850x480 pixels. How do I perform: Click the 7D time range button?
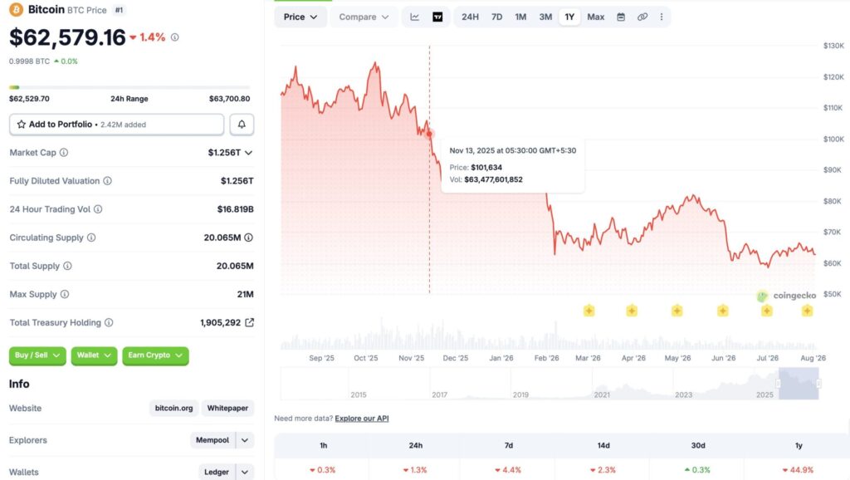(x=496, y=17)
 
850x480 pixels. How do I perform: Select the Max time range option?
(x=595, y=17)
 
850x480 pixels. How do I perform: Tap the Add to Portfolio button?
(x=116, y=125)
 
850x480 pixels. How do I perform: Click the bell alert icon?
(x=242, y=125)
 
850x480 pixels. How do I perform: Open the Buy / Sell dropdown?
(x=37, y=355)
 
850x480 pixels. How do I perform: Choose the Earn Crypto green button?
(x=155, y=355)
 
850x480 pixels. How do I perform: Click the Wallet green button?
(x=94, y=355)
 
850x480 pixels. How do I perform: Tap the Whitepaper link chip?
(x=227, y=408)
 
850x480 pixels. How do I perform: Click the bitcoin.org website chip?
(x=174, y=408)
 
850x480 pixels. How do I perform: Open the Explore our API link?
(x=362, y=419)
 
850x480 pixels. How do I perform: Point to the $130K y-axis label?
(x=833, y=46)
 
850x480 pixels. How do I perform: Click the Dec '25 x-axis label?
(x=456, y=358)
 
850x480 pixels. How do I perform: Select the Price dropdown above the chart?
(x=300, y=17)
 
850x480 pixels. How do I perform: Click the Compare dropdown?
(x=364, y=17)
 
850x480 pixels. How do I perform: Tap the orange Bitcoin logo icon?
(x=17, y=10)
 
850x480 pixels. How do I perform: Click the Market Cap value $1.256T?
(x=225, y=153)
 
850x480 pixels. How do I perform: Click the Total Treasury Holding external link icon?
(x=249, y=322)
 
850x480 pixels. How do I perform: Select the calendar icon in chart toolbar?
(x=621, y=17)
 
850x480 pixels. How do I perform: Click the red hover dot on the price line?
(x=429, y=134)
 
